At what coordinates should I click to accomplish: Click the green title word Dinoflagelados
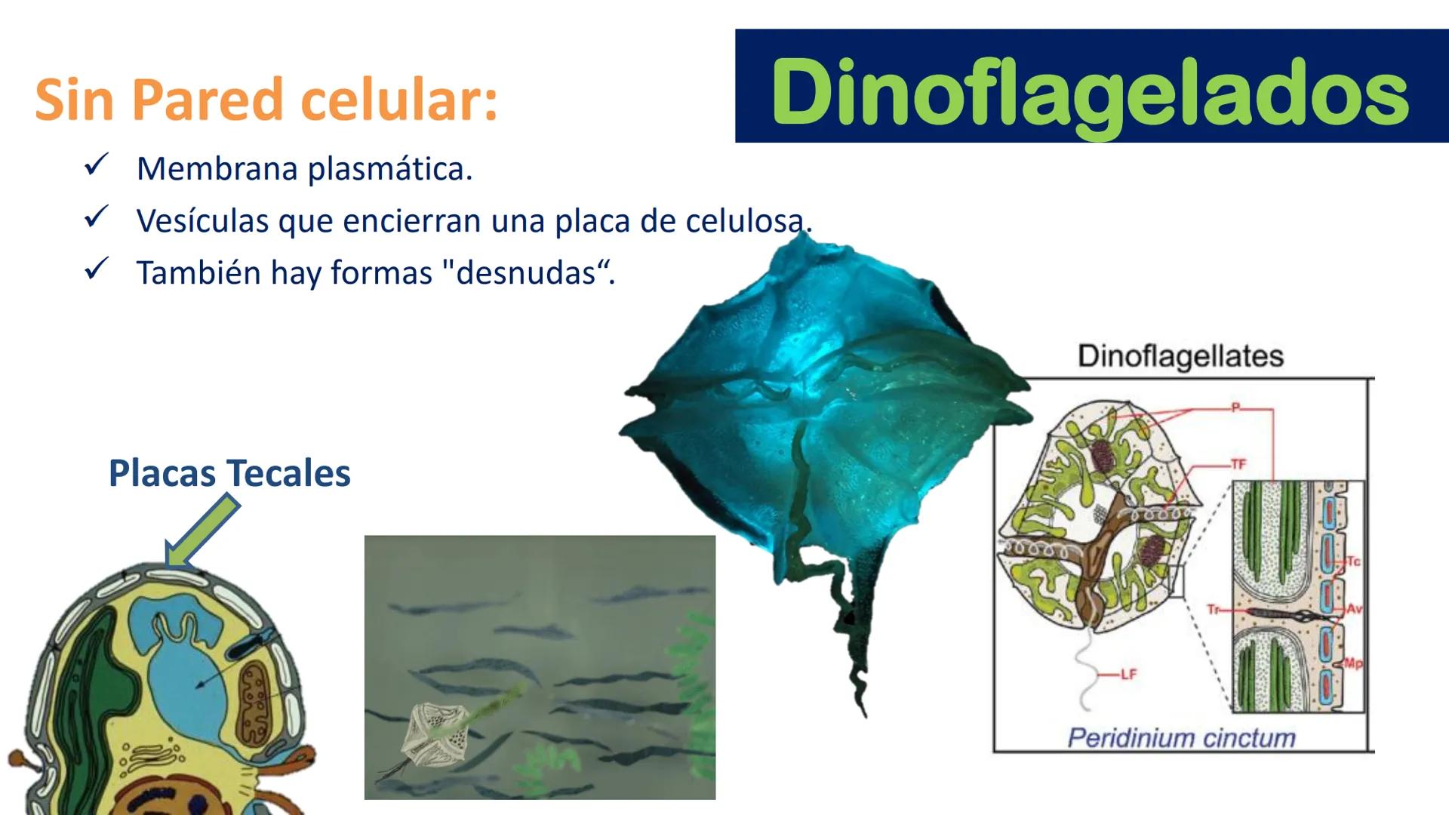coord(1090,92)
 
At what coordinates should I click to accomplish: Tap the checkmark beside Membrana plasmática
coord(97,164)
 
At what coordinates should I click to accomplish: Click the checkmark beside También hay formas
coord(97,269)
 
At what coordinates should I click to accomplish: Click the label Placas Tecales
coord(229,473)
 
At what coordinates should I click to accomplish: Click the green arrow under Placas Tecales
coord(200,531)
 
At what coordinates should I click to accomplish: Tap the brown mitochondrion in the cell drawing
coord(254,702)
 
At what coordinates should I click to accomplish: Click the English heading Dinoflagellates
coord(1180,356)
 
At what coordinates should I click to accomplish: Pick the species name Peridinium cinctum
coord(1181,737)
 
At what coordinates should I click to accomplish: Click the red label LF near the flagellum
coord(1128,675)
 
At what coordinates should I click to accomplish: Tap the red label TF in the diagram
coord(1238,464)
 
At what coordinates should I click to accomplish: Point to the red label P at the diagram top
coord(1236,407)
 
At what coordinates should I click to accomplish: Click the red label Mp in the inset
coord(1353,663)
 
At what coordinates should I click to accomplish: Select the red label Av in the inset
coord(1355,608)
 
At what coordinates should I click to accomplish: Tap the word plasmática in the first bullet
coord(389,169)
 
